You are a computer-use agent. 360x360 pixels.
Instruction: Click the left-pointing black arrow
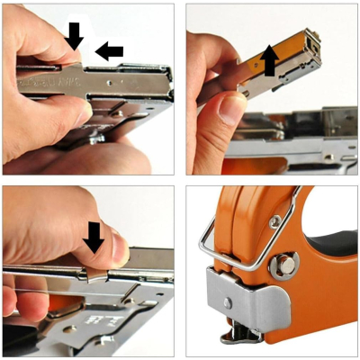[x=109, y=51]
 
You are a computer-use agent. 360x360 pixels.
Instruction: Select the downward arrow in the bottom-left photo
[x=93, y=237]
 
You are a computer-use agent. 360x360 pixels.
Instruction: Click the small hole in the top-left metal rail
[x=109, y=78]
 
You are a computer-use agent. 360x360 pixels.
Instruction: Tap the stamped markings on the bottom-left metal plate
[x=94, y=318]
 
